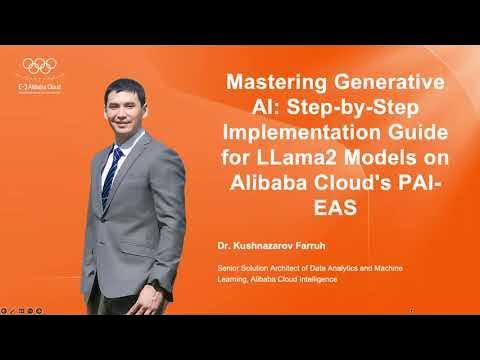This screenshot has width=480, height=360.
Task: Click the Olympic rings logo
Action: [39, 65]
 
